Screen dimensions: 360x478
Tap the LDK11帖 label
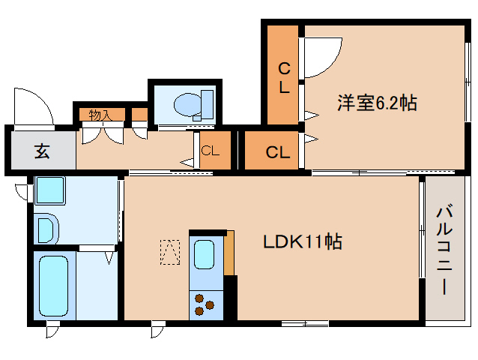pyautogui.click(x=302, y=242)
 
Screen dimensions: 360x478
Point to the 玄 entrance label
pyautogui.click(x=40, y=151)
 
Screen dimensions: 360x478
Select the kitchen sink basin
pyautogui.click(x=205, y=255)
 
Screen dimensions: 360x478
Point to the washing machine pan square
pyautogui.click(x=51, y=190)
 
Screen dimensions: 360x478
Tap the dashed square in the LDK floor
pyautogui.click(x=170, y=251)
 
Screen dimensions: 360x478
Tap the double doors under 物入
pyautogui.click(x=103, y=134)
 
